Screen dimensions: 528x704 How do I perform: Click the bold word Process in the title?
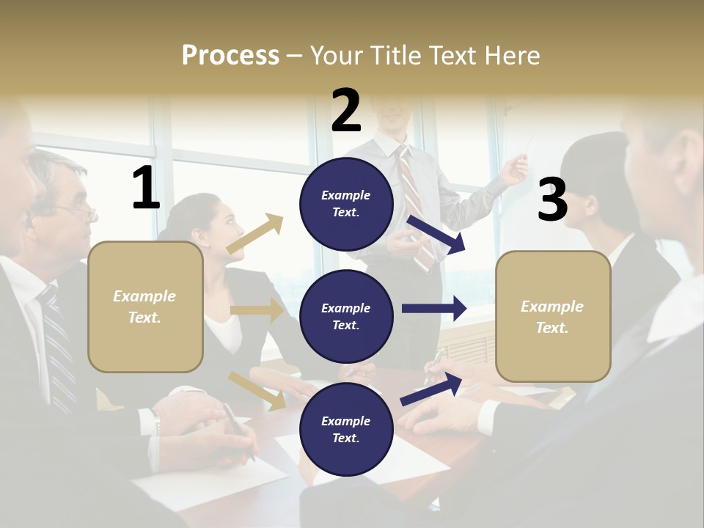coord(230,55)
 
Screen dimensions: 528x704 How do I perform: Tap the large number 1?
coord(146,188)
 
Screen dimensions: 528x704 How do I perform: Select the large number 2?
coord(346,110)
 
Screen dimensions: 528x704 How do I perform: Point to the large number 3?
coord(552,199)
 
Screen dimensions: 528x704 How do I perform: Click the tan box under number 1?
coord(145,307)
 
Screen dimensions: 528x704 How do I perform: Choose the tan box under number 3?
coord(553,316)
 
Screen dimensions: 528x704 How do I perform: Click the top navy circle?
coord(346,203)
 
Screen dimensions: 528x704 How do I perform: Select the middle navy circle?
coord(346,316)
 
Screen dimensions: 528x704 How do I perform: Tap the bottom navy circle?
coord(346,429)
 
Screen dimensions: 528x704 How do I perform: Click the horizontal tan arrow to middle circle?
coord(256,310)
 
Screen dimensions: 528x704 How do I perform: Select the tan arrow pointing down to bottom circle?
coord(257,391)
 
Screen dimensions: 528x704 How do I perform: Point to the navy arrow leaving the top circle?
coord(436,234)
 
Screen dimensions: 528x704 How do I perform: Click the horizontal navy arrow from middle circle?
coord(433,309)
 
